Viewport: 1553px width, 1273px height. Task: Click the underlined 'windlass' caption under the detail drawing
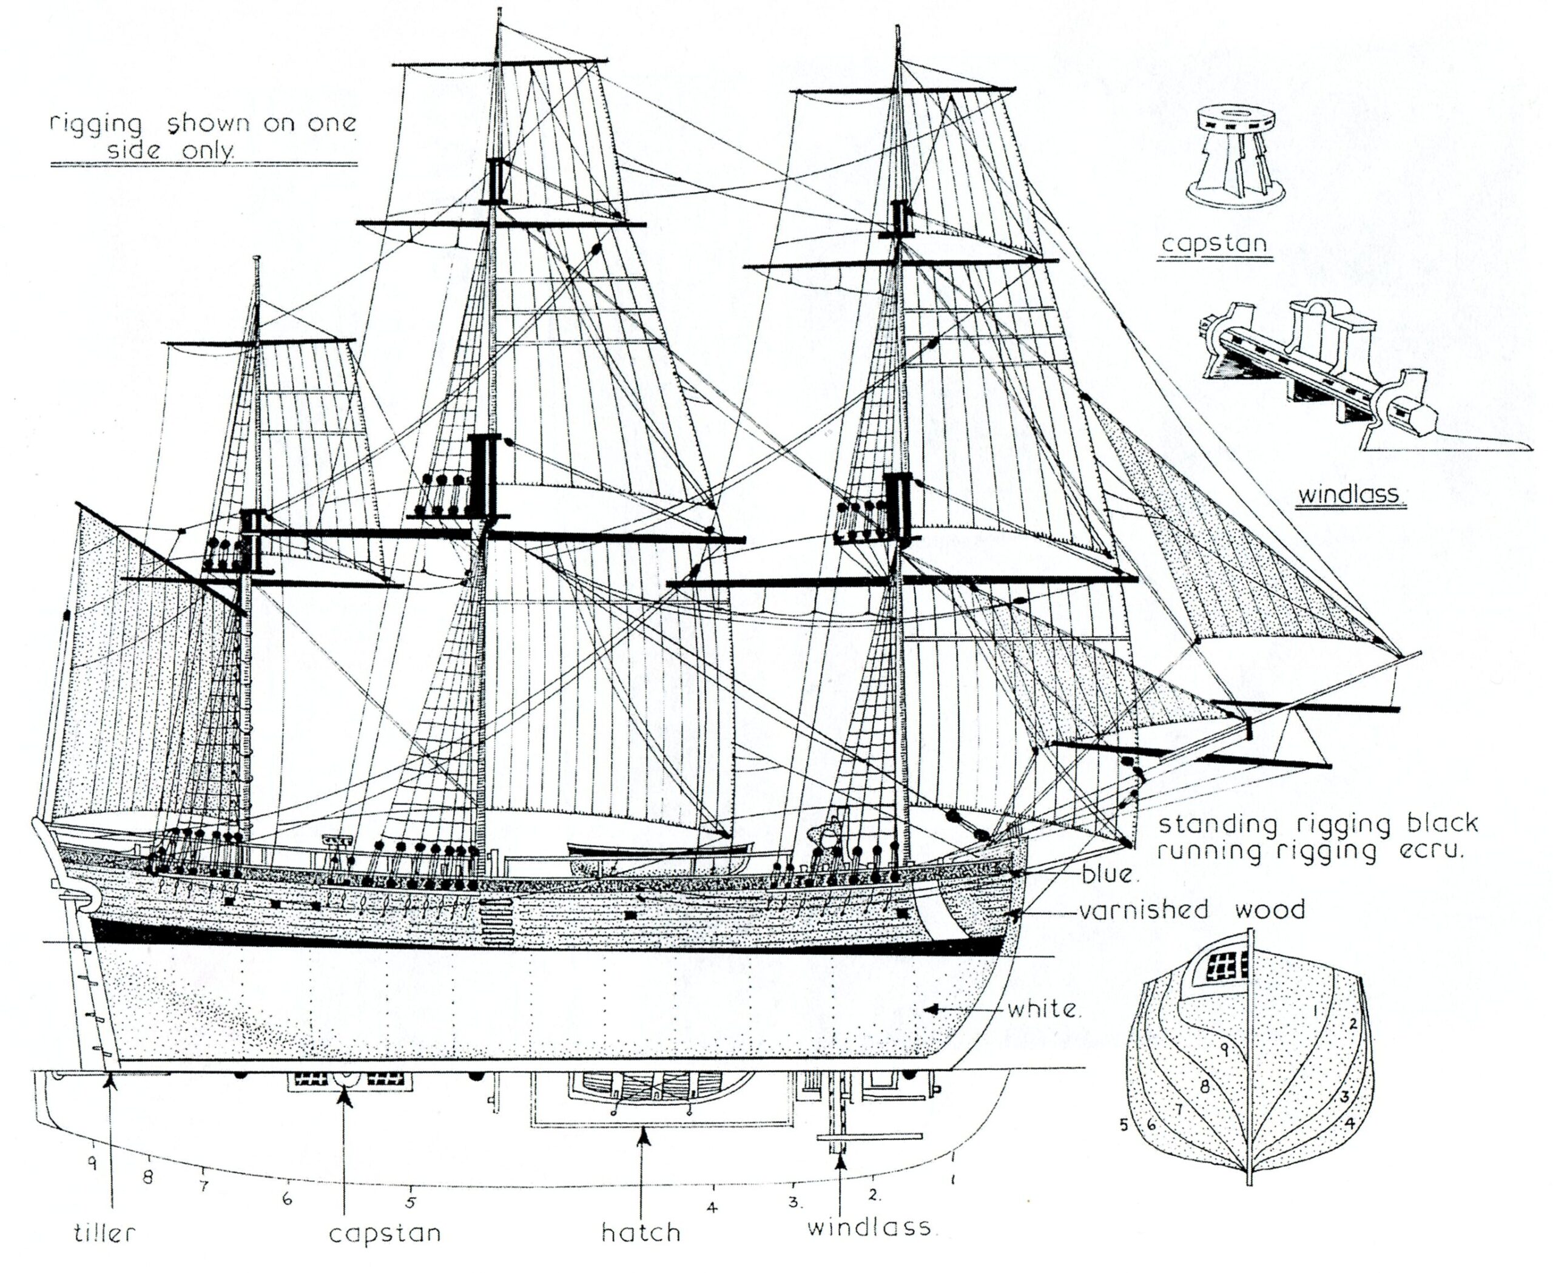point(1349,495)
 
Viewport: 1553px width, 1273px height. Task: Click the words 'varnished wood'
point(1191,911)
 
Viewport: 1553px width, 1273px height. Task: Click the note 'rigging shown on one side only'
point(203,137)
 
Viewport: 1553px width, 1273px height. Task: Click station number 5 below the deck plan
point(411,1202)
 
